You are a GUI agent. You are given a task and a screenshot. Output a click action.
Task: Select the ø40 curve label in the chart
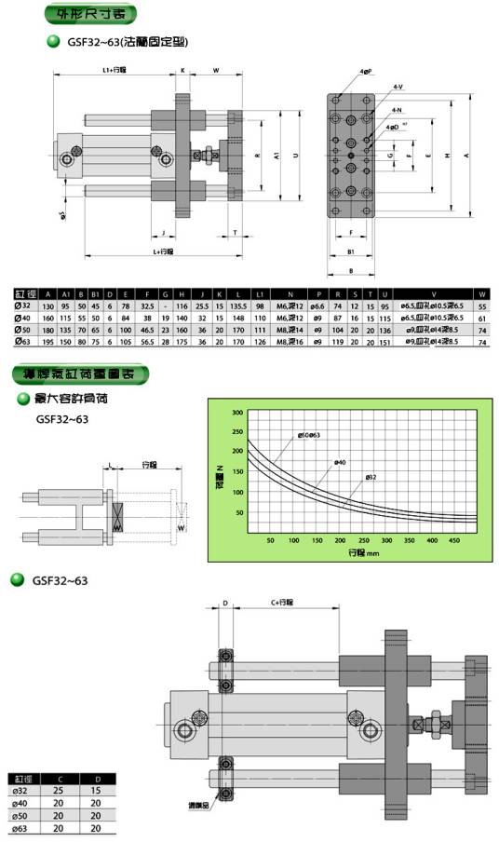coord(341,461)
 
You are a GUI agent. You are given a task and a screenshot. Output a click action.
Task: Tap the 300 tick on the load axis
coord(236,412)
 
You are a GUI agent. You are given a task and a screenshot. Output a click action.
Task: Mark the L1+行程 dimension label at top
coord(114,70)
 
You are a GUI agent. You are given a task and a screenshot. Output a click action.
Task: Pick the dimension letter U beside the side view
coord(295,156)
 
